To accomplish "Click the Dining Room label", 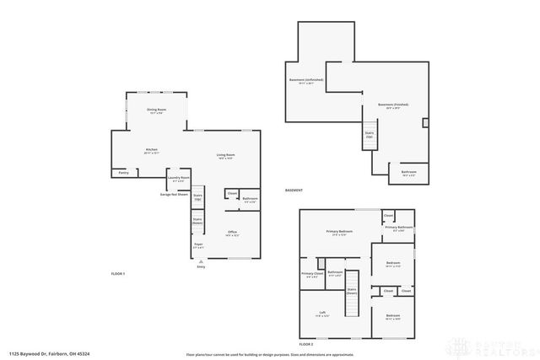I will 156,110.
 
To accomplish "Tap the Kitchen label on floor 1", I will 152,150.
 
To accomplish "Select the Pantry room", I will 123,173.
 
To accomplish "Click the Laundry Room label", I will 178,178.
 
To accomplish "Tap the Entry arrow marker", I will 201,262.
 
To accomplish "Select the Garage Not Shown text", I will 173,194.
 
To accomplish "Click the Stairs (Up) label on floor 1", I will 198,196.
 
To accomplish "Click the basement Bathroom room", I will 408,173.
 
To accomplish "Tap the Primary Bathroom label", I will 399,227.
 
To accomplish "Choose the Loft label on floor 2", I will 322,313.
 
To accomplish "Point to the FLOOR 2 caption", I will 306,345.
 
